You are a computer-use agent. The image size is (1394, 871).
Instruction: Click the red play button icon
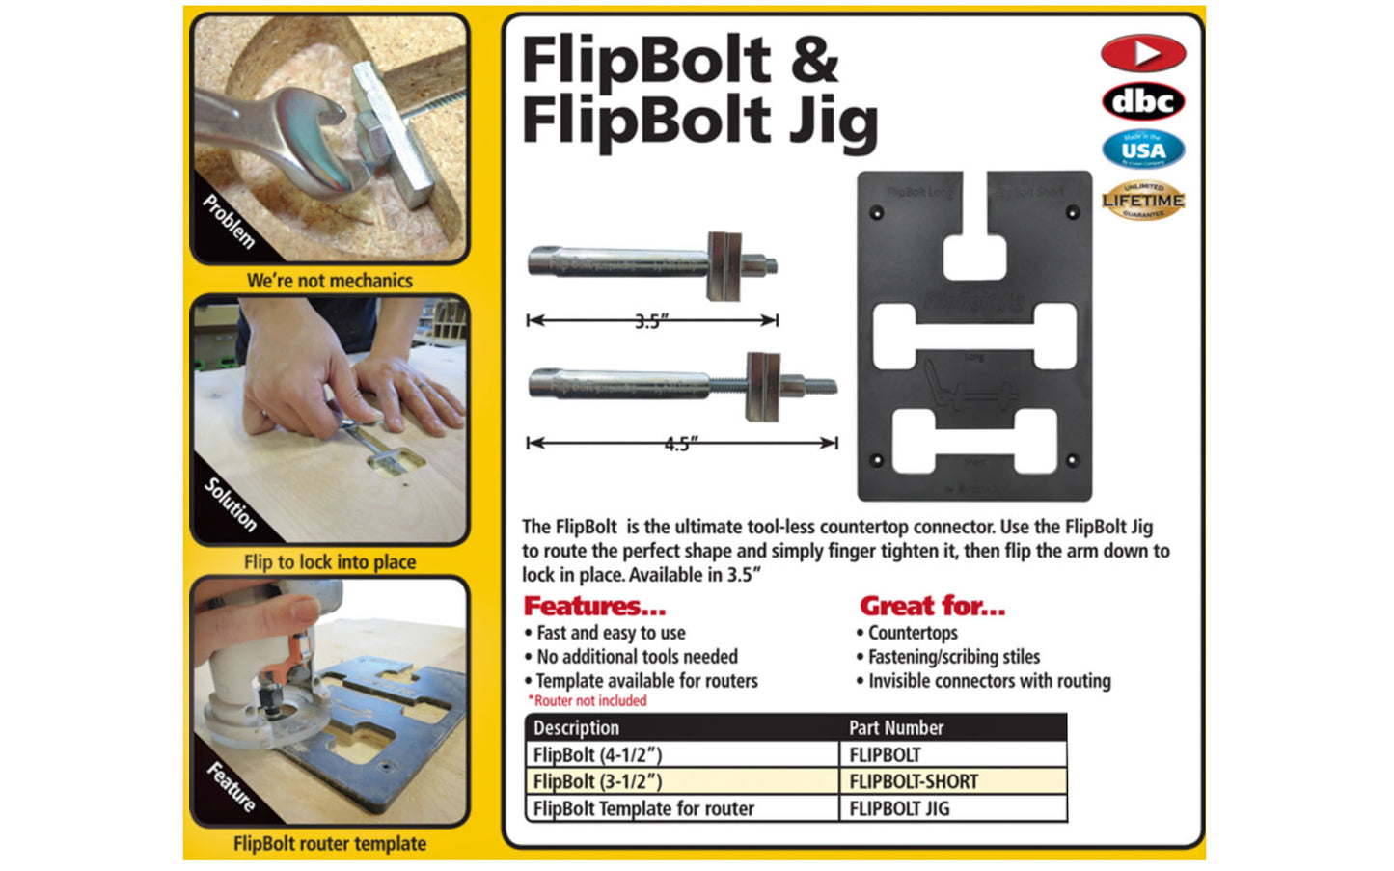tap(1142, 53)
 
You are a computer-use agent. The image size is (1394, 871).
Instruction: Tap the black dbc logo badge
tap(1142, 101)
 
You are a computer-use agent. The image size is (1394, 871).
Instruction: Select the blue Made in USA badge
tap(1142, 150)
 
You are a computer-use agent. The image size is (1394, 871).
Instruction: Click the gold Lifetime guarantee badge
tap(1142, 200)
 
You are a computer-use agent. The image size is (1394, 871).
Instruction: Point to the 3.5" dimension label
tap(651, 321)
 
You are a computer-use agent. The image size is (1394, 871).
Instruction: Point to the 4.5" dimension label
tap(681, 444)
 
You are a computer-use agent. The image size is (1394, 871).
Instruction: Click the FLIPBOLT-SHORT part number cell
tap(913, 781)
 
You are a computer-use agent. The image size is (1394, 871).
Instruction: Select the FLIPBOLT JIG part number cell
tap(898, 808)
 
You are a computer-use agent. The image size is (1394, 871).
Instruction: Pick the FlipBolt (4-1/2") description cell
tap(597, 754)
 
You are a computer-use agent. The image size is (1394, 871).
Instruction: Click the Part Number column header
tap(895, 727)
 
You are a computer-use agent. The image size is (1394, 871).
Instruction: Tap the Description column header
tap(576, 727)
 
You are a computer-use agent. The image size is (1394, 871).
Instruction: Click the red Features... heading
tap(594, 606)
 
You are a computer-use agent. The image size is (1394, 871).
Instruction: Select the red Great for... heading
tap(932, 606)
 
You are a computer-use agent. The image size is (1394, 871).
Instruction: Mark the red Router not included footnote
tap(588, 701)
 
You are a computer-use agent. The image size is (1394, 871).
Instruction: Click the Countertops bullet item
tap(912, 633)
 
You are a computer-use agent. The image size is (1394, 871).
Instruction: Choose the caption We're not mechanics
tap(329, 281)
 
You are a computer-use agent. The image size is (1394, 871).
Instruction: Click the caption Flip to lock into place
tap(329, 561)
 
